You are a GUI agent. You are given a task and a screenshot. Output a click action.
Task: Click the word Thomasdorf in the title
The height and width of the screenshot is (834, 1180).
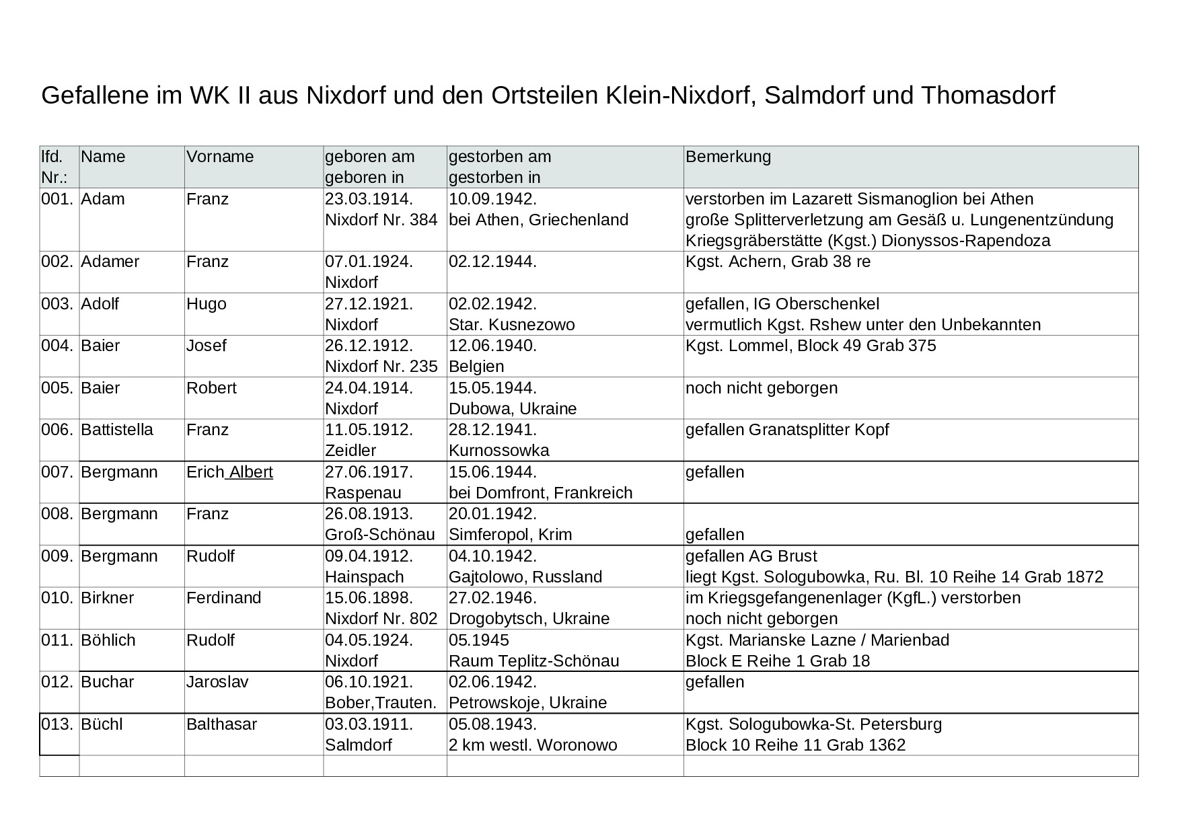988,96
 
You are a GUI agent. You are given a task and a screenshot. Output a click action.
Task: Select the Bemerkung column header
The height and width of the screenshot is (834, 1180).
728,157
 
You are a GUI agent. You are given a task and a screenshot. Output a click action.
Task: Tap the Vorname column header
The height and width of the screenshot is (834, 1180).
220,157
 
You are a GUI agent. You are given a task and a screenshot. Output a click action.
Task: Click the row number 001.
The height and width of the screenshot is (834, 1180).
57,199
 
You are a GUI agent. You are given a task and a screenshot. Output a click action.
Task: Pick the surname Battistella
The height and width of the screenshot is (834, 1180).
117,430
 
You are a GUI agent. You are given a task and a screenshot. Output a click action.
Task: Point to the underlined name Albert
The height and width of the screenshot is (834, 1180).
251,472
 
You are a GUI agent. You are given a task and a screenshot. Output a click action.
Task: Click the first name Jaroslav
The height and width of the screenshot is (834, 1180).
217,682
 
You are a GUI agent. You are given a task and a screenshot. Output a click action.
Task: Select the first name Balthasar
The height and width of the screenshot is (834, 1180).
221,724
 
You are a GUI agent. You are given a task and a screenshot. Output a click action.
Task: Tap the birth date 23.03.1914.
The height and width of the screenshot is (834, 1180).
369,199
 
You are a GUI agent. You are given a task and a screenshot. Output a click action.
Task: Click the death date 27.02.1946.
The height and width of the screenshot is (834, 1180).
492,598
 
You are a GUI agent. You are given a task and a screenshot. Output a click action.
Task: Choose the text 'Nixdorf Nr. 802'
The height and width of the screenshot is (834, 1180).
381,619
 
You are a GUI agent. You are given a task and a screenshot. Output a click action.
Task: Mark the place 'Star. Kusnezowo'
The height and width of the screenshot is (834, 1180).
512,325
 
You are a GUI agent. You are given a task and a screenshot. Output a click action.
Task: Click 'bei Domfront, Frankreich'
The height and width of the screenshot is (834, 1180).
540,493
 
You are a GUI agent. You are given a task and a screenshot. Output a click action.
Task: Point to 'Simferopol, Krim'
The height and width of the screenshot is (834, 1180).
510,535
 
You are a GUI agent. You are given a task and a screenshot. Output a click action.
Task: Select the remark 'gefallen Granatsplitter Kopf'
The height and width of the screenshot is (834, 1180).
787,430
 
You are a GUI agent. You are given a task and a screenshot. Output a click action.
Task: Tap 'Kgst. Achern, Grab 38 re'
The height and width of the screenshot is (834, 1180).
778,262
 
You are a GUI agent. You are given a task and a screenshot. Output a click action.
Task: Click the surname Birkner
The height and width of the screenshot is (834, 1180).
108,598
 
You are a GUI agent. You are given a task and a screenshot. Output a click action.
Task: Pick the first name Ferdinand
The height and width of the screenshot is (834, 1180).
224,598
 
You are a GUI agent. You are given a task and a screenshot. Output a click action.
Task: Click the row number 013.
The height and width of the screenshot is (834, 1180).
57,724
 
